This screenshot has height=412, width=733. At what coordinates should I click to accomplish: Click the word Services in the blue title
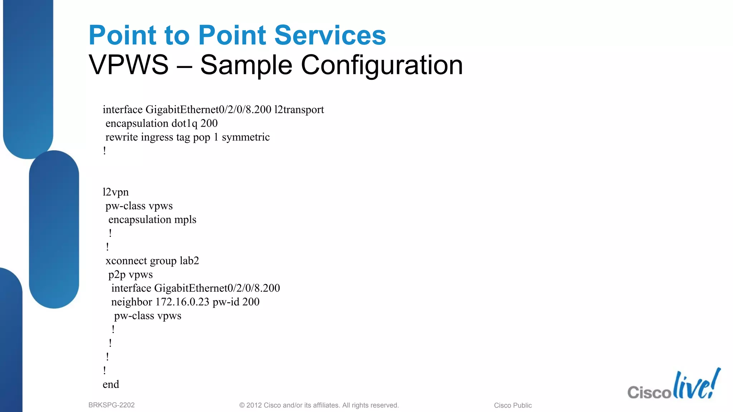330,35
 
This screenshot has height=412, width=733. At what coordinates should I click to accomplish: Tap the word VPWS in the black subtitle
128,65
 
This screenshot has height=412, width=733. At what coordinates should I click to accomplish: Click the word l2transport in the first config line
299,109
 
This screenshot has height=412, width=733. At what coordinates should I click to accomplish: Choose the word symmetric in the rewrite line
246,137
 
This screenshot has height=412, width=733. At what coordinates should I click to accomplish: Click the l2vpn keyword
115,192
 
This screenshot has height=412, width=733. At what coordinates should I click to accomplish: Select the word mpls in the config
185,220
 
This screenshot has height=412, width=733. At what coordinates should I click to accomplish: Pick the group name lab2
189,261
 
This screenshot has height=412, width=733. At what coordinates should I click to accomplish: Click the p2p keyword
117,275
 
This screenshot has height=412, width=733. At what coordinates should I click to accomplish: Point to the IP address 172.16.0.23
182,302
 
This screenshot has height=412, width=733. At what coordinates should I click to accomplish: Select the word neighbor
132,302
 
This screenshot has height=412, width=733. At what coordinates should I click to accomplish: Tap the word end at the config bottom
111,384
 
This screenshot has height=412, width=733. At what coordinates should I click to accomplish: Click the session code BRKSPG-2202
111,405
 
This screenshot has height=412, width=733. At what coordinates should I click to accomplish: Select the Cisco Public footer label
513,406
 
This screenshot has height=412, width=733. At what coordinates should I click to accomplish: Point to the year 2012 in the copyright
254,406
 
